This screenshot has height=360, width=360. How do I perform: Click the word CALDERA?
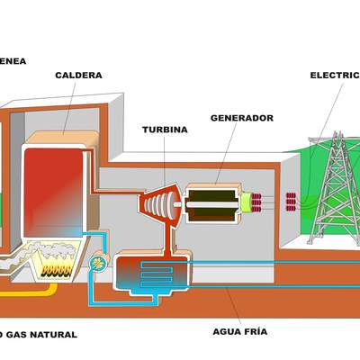pos(78,76)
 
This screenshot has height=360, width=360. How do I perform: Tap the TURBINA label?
pos(165,130)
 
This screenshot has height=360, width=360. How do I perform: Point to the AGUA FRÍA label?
pos(239,332)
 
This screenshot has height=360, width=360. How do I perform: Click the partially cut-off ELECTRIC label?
pos(334,76)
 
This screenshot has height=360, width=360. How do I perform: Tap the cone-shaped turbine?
pos(158,202)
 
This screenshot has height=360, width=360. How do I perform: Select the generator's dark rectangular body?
pos(212,203)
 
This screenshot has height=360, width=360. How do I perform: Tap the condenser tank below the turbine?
pos(150,271)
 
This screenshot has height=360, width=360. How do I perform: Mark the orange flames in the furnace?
pos(59,268)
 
